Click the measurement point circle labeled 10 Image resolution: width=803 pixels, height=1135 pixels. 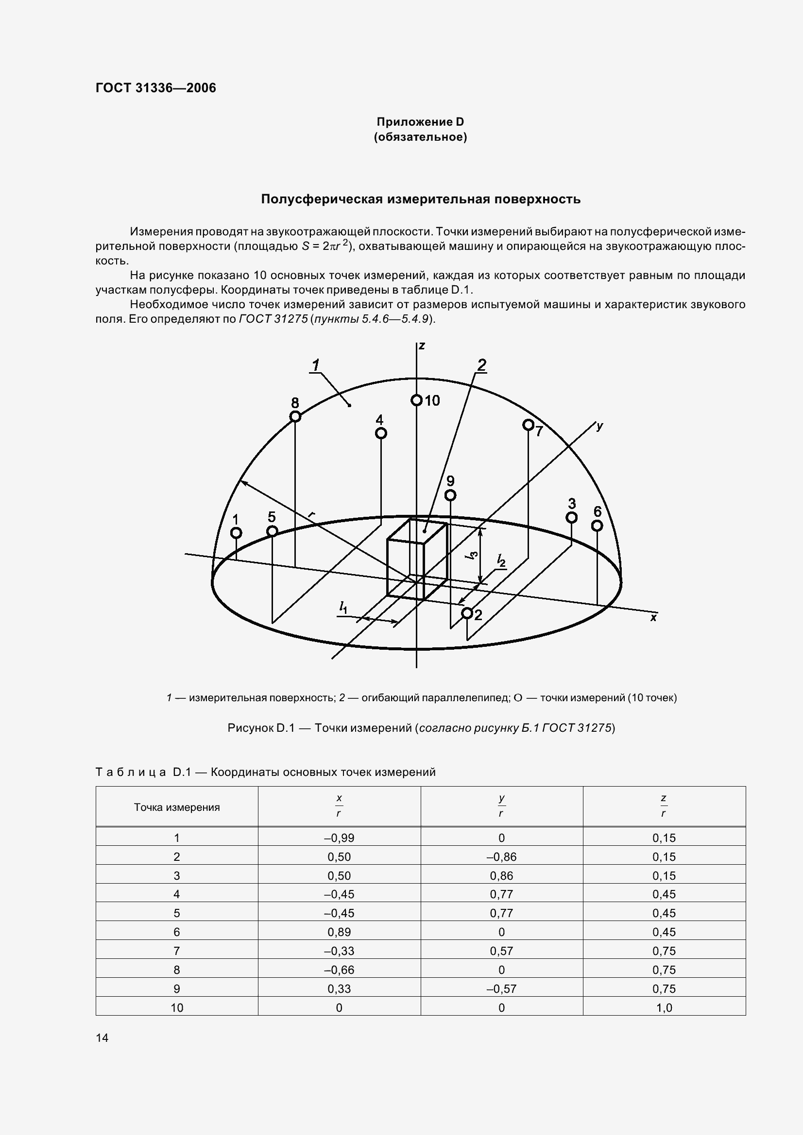tap(417, 400)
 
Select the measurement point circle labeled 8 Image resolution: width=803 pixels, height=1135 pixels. tap(295, 417)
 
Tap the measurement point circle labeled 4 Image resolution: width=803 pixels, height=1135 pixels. tap(381, 433)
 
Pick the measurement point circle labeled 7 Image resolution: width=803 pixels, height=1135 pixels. tap(529, 425)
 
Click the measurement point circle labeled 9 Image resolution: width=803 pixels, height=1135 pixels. tap(450, 495)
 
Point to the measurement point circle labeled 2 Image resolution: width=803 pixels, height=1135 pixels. tap(466, 613)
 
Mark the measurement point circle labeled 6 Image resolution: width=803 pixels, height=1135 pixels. tap(597, 526)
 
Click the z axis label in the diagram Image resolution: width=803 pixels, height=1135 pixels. tap(422, 345)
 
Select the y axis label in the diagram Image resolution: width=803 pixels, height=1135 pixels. tap(599, 426)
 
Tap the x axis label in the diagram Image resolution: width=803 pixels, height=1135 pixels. tap(653, 617)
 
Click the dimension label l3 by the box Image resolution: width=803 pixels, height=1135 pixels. tap(473, 555)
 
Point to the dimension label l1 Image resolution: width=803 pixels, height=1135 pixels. tap(343, 608)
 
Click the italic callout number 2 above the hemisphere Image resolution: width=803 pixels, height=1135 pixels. tap(481, 365)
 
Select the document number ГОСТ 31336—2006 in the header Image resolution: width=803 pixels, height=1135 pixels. tap(156, 88)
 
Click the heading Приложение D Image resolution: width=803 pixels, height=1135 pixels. tap(420, 122)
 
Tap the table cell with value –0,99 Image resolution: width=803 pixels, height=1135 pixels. tap(339, 838)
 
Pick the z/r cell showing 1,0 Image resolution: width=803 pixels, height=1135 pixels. tap(664, 1007)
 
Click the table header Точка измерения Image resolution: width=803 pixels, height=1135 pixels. tap(177, 807)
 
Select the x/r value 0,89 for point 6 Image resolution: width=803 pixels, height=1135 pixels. tap(339, 932)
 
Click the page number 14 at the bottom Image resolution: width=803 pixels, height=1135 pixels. tap(102, 1037)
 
